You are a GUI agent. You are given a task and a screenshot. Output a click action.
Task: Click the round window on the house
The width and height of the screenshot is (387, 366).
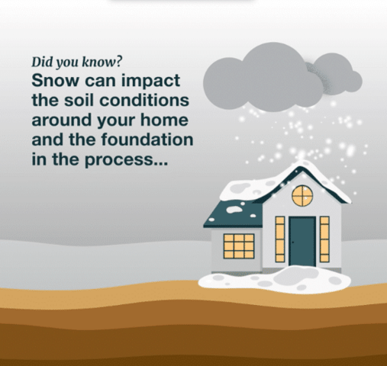tap(302, 195)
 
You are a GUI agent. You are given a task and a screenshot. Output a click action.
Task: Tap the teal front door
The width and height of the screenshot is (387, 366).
tap(302, 240)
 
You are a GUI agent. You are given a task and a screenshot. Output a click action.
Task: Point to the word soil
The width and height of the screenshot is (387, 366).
tap(85, 101)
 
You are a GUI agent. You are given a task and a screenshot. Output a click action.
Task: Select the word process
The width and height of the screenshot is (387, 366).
tap(131, 161)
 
